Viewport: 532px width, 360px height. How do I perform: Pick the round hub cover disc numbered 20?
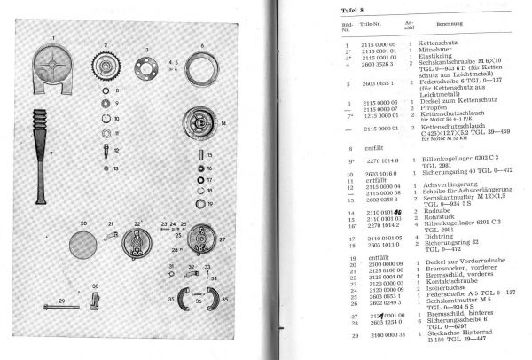[x=88, y=242]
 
